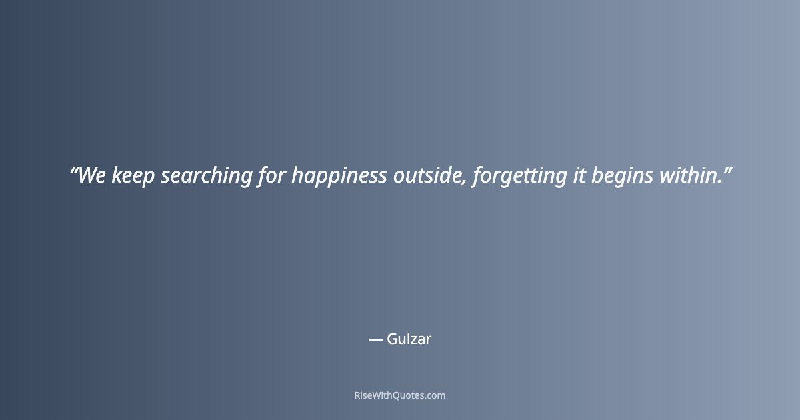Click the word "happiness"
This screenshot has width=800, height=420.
click(x=339, y=176)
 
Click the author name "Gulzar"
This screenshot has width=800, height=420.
click(x=409, y=339)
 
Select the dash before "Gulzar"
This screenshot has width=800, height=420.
click(x=375, y=340)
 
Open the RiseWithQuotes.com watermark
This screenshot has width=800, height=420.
click(x=400, y=395)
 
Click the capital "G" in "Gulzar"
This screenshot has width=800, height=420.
click(x=392, y=339)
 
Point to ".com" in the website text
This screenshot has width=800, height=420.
click(x=434, y=395)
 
